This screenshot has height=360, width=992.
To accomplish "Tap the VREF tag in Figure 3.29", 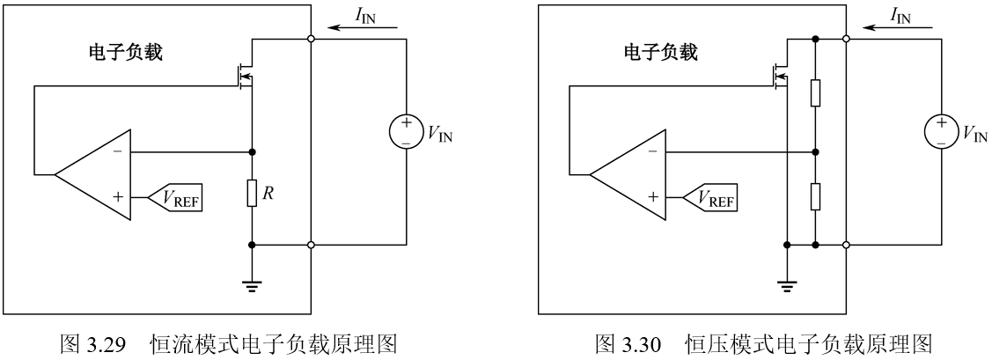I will [179, 201].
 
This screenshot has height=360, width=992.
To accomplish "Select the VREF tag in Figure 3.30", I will [714, 201].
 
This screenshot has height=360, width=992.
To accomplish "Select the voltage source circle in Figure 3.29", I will [406, 133].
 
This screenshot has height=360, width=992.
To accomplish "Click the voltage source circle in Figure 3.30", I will [941, 133].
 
